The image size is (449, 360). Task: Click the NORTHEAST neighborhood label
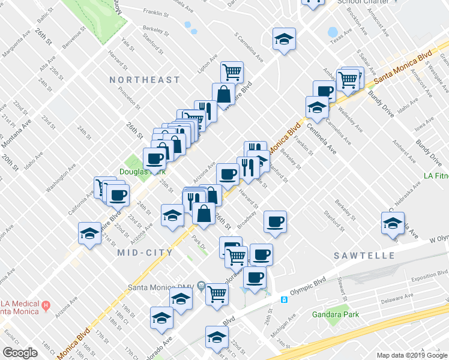pos(145,80)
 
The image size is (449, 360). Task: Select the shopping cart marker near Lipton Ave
pos(232,72)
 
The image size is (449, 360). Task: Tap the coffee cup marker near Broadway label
pos(276,221)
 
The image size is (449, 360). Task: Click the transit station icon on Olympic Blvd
pos(285,299)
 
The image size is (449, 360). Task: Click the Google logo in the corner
pos(20,353)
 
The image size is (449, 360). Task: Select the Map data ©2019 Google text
pos(412,355)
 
